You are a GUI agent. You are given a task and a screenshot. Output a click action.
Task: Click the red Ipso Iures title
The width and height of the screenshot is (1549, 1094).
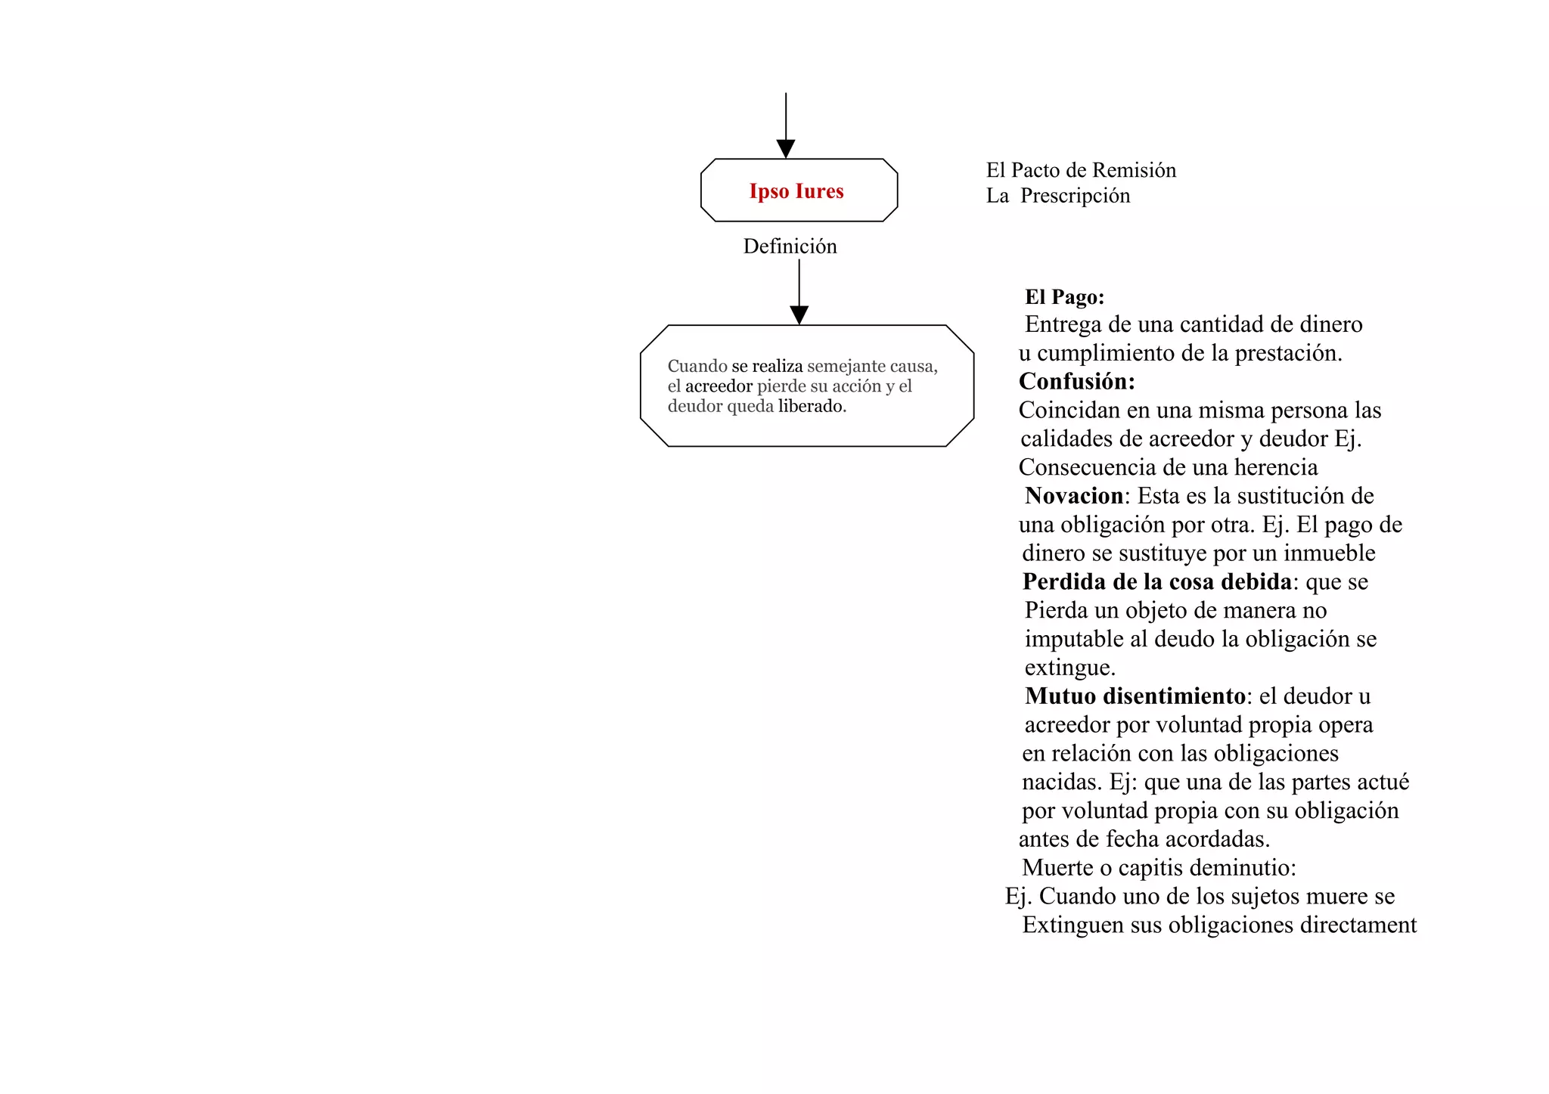pyautogui.click(x=796, y=191)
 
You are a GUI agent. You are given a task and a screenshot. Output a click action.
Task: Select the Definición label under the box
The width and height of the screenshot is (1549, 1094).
pyautogui.click(x=790, y=246)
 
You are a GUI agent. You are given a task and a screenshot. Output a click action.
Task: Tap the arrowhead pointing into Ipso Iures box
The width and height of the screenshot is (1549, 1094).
pyautogui.click(x=786, y=149)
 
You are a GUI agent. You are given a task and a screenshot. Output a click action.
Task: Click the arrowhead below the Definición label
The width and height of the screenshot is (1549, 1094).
pyautogui.click(x=799, y=315)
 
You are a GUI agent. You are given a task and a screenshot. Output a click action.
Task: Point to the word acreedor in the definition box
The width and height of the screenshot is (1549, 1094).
pyautogui.click(x=719, y=386)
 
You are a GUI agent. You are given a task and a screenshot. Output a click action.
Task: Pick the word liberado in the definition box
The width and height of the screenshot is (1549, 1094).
pyautogui.click(x=812, y=406)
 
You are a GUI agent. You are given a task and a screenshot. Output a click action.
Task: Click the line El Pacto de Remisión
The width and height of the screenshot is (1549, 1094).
pyautogui.click(x=1081, y=170)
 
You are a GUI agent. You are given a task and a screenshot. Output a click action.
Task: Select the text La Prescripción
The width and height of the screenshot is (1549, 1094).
pyautogui.click(x=1058, y=196)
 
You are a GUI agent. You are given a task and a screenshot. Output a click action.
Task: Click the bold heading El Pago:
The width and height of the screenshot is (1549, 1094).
pyautogui.click(x=1064, y=297)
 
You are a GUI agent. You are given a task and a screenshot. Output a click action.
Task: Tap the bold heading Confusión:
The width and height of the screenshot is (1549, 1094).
pyautogui.click(x=1076, y=382)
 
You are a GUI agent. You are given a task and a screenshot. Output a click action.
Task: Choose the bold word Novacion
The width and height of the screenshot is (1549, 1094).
pyautogui.click(x=1074, y=496)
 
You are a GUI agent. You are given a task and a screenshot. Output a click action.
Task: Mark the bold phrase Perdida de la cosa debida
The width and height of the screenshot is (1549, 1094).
pyautogui.click(x=1156, y=582)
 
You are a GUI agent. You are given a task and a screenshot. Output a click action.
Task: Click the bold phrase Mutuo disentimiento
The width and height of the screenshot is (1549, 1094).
pyautogui.click(x=1135, y=696)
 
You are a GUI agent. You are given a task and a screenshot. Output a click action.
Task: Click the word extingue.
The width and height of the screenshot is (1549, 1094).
pyautogui.click(x=1069, y=668)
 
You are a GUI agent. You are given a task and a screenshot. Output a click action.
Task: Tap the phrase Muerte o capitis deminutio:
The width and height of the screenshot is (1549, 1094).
pyautogui.click(x=1159, y=868)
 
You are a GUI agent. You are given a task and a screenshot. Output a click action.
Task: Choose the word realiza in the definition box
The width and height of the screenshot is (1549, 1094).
pyautogui.click(x=777, y=367)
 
